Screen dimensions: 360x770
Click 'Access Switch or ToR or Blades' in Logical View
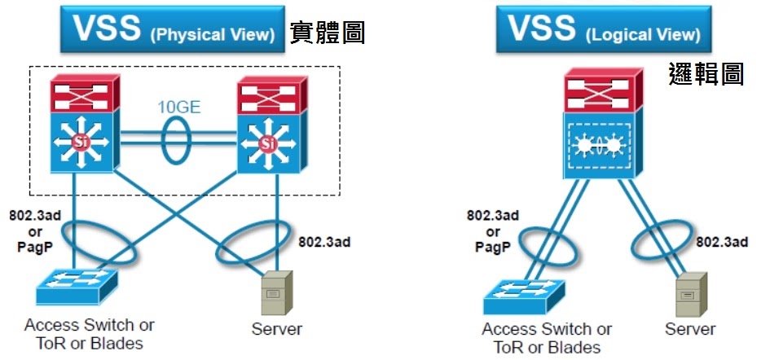tap(547, 338)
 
